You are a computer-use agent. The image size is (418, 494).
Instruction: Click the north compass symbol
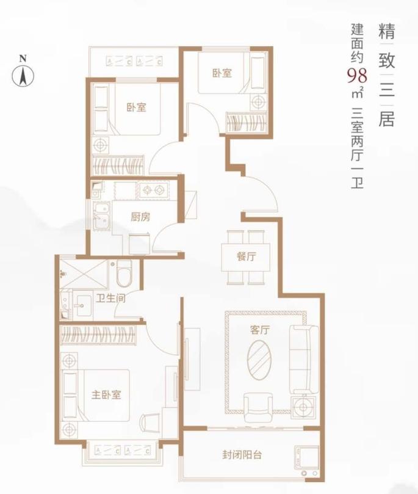pyautogui.click(x=23, y=75)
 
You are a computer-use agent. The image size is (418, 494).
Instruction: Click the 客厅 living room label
pyautogui.click(x=260, y=330)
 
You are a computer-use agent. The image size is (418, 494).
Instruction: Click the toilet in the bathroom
pyautogui.click(x=124, y=272)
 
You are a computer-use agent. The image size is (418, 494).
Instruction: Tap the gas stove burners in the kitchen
pyautogui.click(x=153, y=191)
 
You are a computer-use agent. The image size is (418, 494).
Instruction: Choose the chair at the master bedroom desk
pyautogui.click(x=150, y=422)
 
